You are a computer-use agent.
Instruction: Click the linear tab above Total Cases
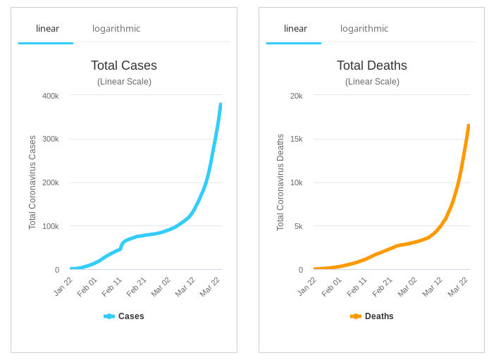(x=47, y=29)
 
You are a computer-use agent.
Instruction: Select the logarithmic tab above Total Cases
(x=116, y=29)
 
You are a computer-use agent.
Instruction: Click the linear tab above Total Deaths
(x=295, y=29)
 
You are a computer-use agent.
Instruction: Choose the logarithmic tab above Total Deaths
(x=364, y=29)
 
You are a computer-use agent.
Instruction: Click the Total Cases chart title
(x=124, y=66)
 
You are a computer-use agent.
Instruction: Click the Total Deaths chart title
(x=372, y=66)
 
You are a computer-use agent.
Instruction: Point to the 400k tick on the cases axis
(x=51, y=96)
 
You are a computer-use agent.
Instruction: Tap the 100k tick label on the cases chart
(x=51, y=226)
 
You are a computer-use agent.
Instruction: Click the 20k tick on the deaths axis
(x=297, y=96)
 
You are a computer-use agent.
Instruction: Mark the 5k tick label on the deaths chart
(x=299, y=226)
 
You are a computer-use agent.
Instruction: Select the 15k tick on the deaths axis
(x=297, y=139)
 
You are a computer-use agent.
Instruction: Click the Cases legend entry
(x=124, y=316)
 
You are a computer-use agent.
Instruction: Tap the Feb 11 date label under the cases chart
(x=112, y=287)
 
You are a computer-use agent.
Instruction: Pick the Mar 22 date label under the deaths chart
(x=458, y=287)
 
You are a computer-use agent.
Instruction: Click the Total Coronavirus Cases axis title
(x=32, y=182)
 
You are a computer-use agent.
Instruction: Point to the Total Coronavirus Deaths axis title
(x=280, y=182)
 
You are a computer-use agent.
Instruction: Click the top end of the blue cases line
(x=221, y=105)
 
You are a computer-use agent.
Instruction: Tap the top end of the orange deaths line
(x=469, y=126)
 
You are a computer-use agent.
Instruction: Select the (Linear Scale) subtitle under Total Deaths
(x=372, y=82)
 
